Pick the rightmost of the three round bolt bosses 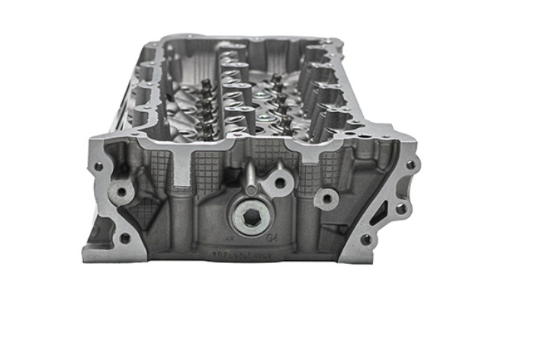326,198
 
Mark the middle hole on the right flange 400,207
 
